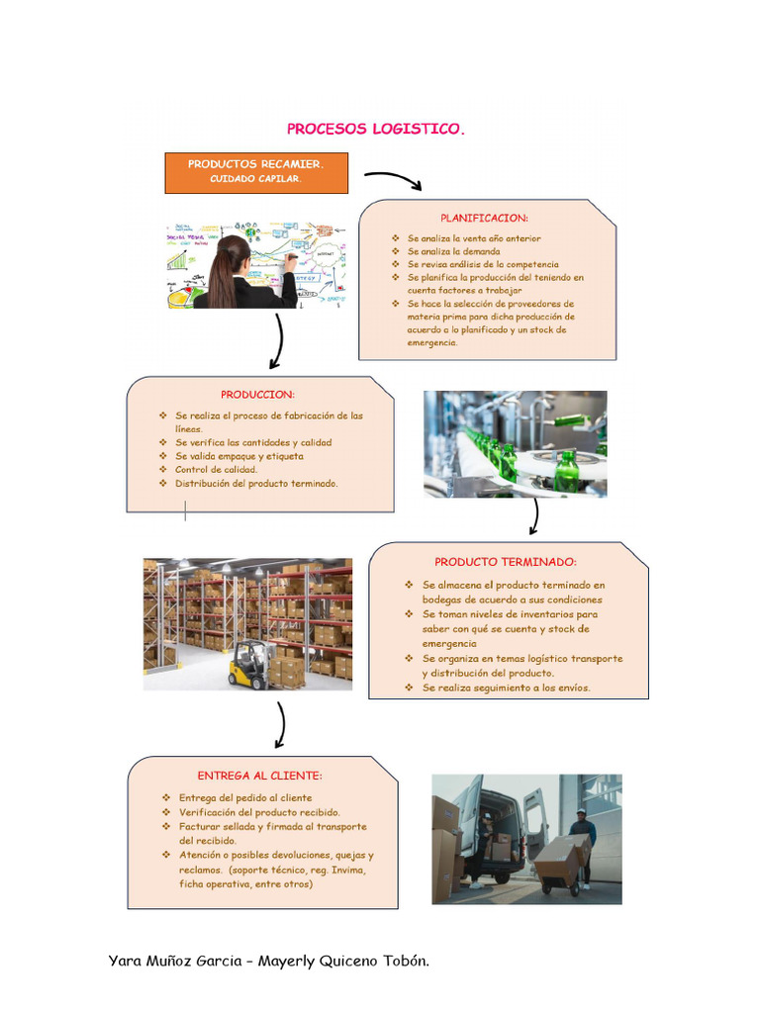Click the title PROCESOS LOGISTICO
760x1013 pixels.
pyautogui.click(x=375, y=129)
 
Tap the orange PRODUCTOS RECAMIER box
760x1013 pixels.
pyautogui.click(x=255, y=172)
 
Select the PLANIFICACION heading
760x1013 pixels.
pyautogui.click(x=484, y=218)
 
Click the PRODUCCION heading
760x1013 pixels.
pyautogui.click(x=257, y=394)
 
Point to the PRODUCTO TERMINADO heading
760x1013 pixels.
pyautogui.click(x=505, y=561)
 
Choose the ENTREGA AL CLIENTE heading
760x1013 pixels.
pyautogui.click(x=259, y=776)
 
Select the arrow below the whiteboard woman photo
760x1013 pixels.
pyautogui.click(x=278, y=341)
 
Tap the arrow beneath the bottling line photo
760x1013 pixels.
pyautogui.click(x=535, y=516)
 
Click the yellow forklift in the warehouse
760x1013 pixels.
pyautogui.click(x=248, y=664)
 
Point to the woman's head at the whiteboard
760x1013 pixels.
pyautogui.click(x=233, y=252)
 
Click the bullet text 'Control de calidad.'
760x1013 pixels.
pyautogui.click(x=216, y=470)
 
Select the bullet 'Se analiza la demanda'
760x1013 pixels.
pyautogui.click(x=454, y=252)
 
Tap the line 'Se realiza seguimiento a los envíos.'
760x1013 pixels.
pyautogui.click(x=506, y=688)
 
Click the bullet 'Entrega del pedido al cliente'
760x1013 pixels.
pyautogui.click(x=245, y=797)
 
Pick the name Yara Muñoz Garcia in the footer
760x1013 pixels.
pyautogui.click(x=176, y=961)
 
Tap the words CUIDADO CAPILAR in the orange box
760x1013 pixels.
pyautogui.click(x=255, y=180)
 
